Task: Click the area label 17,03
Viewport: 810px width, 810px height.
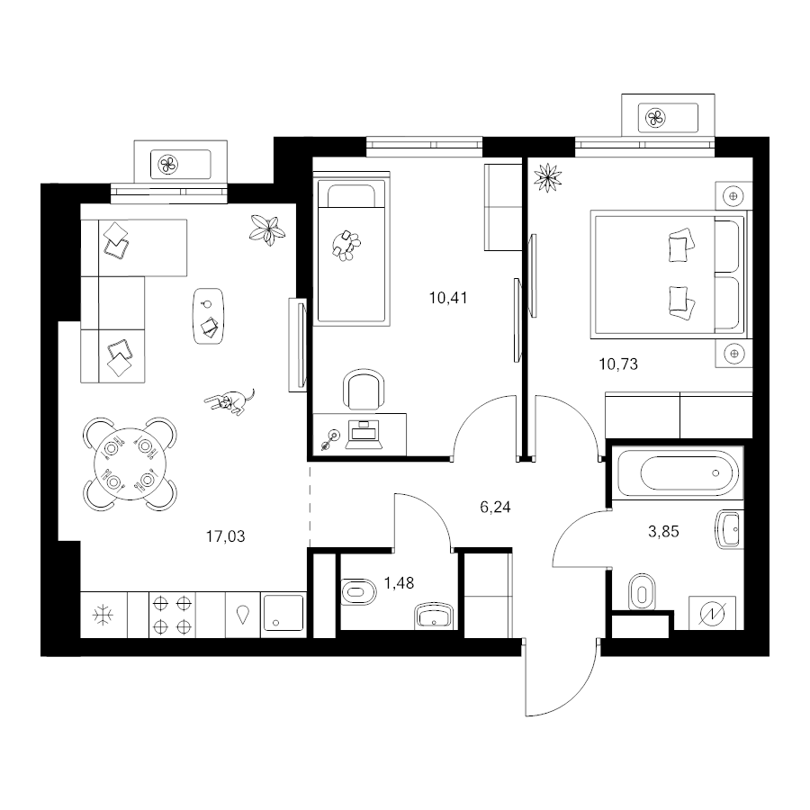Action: click(x=226, y=536)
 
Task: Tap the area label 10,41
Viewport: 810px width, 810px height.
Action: click(x=448, y=298)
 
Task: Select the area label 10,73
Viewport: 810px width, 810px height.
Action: click(x=618, y=364)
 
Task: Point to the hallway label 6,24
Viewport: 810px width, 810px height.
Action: click(x=495, y=508)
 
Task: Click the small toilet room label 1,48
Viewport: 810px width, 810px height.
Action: click(x=400, y=583)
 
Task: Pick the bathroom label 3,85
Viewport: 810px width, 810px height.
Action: click(x=664, y=532)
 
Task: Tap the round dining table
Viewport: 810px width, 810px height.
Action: click(x=130, y=463)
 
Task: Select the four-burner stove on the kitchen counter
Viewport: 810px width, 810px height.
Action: click(x=173, y=615)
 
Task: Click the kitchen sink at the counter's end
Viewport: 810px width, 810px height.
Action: click(x=283, y=613)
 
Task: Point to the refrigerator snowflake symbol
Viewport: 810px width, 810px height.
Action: click(x=103, y=616)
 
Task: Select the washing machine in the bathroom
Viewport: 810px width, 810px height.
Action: click(x=712, y=613)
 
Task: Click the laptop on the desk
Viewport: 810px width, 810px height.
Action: click(x=364, y=435)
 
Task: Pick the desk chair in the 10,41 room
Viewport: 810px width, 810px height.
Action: click(x=364, y=390)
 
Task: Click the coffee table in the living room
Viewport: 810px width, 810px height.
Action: click(x=209, y=316)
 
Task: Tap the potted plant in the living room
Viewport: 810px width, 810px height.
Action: click(x=267, y=229)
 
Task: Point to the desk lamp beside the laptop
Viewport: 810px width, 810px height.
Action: click(x=330, y=439)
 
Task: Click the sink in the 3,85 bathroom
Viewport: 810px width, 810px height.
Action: click(x=729, y=528)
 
